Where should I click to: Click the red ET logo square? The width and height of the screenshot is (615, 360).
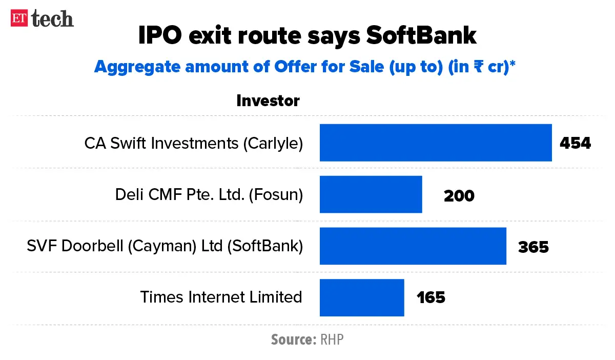pyautogui.click(x=20, y=18)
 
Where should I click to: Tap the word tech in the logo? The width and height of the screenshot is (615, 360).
pyautogui.click(x=53, y=18)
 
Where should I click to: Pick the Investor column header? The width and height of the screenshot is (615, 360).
pyautogui.click(x=268, y=101)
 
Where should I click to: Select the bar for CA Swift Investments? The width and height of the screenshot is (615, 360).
pyautogui.click(x=436, y=143)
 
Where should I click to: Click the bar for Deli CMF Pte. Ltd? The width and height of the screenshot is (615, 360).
pyautogui.click(x=371, y=194)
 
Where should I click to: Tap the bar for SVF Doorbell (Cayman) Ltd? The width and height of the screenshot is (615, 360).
pyautogui.click(x=413, y=246)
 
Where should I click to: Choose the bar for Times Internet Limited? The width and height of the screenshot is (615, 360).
pyautogui.click(x=362, y=298)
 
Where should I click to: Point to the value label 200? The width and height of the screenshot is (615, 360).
pyautogui.click(x=459, y=195)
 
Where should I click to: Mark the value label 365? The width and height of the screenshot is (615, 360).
pyautogui.click(x=533, y=247)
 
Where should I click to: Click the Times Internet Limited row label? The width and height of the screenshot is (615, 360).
pyautogui.click(x=221, y=297)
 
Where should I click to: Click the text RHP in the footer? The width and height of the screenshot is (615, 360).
pyautogui.click(x=332, y=339)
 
